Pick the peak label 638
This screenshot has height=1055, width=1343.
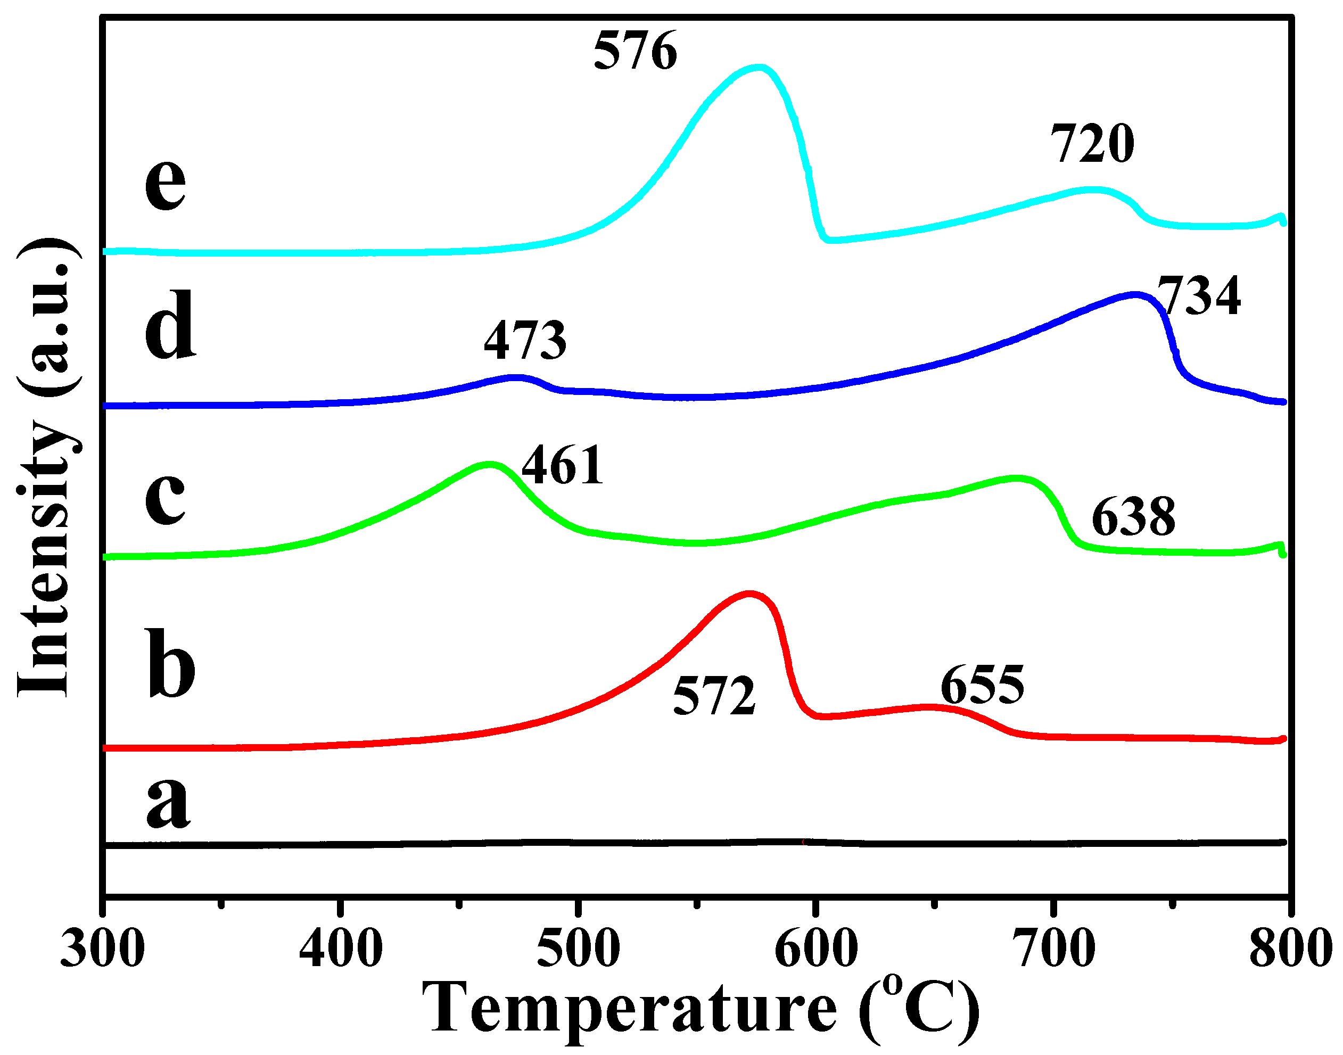(1134, 517)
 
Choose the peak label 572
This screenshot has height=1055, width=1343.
(714, 696)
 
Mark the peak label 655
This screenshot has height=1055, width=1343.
(982, 685)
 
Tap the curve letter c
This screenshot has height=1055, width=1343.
(165, 497)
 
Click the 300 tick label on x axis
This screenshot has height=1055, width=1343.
(103, 950)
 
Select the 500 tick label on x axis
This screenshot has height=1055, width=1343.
(578, 950)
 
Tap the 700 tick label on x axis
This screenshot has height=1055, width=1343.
(1054, 950)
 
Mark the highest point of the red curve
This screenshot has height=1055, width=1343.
(749, 594)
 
